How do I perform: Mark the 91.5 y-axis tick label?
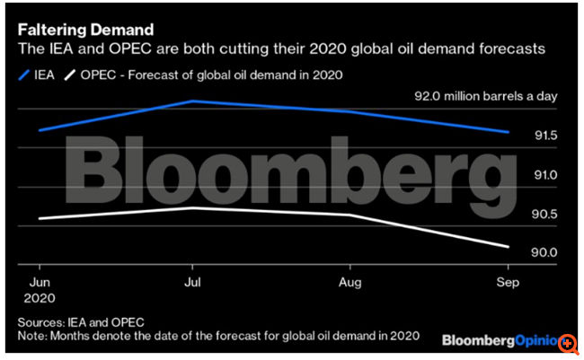pos(545,136)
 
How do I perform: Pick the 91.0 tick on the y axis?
pos(545,175)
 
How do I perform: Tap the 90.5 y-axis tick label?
pos(545,214)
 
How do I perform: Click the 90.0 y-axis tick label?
pos(545,252)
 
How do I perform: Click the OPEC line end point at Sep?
pos(509,247)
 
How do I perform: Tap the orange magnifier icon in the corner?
pos(568,344)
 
